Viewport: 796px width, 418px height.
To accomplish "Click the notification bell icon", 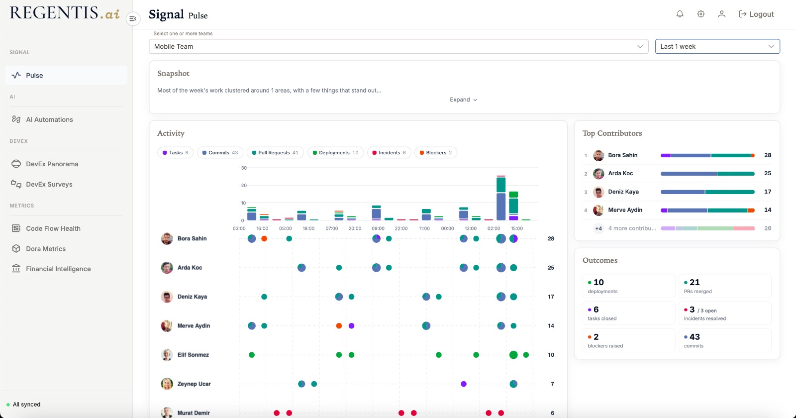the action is pos(680,14).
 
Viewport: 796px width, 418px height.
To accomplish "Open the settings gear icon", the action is pos(700,14).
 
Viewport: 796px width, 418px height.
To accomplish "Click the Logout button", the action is pos(756,14).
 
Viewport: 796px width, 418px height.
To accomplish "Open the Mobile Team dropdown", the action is pos(398,47).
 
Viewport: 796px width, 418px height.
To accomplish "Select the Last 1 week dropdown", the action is pos(717,47).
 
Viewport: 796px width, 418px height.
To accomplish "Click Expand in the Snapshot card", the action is pos(463,100).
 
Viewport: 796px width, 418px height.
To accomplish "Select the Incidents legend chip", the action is pos(389,153).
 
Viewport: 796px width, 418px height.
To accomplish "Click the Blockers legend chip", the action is pos(436,153).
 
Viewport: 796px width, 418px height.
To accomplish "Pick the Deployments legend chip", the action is pos(335,153).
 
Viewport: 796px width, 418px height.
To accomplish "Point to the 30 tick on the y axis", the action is pos(244,168).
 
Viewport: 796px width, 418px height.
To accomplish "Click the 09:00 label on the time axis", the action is pos(378,228).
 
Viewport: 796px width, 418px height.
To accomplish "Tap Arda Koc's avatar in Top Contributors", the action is pos(598,174).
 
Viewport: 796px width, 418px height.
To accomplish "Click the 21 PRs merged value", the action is pos(695,282).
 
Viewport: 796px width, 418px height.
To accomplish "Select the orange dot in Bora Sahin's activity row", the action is pos(264,238).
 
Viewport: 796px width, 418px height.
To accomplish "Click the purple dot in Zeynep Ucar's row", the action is pos(463,384).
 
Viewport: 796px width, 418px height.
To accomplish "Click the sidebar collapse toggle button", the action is pos(133,18).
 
